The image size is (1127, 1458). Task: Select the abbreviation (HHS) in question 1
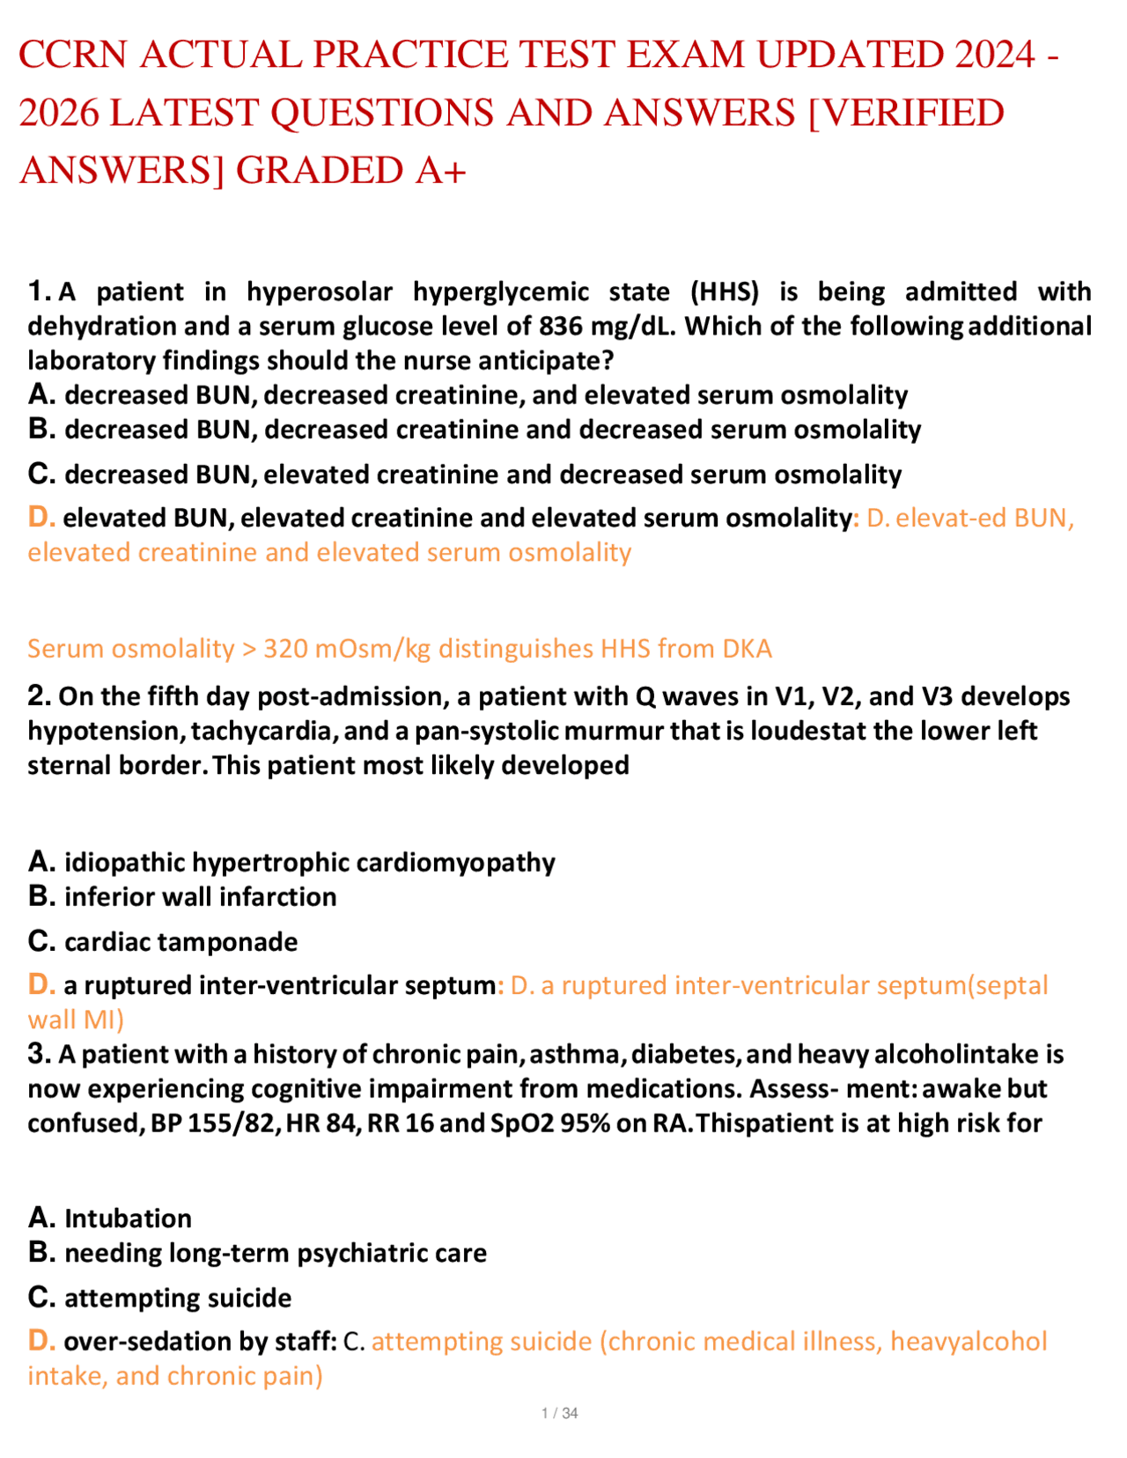[x=725, y=291]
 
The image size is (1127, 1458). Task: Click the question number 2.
[x=39, y=696]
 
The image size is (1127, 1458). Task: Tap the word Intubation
[x=128, y=1218]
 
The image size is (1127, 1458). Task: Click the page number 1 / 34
[x=560, y=1413]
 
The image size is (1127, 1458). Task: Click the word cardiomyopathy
[x=466, y=862]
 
